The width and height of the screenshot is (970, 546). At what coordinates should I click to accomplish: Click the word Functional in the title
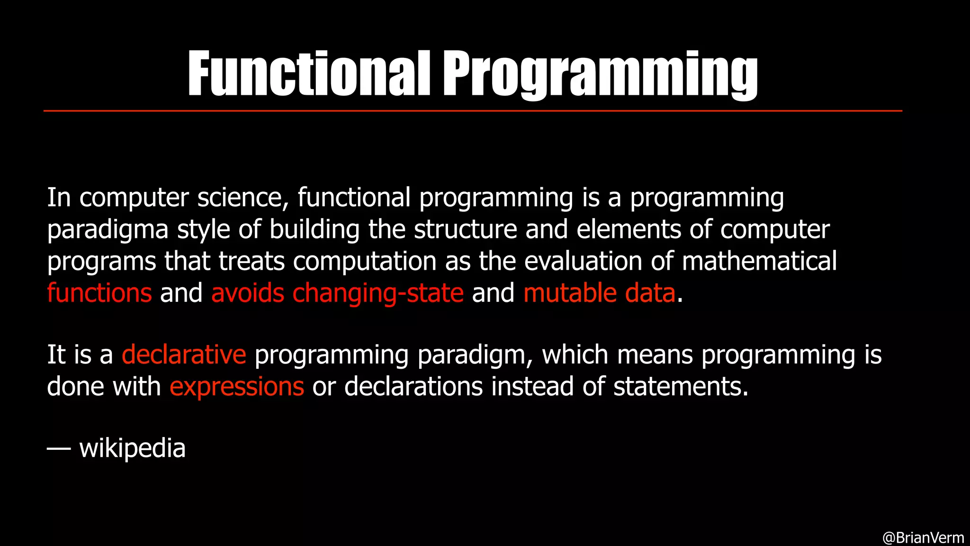tap(309, 73)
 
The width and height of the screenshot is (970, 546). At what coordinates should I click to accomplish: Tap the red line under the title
tap(473, 111)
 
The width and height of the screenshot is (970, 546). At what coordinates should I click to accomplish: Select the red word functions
tap(99, 293)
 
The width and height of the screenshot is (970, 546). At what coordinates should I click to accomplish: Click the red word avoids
tap(248, 293)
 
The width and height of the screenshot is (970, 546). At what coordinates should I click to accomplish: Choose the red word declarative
tap(184, 355)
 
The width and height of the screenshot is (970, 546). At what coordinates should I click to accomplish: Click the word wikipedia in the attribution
tap(132, 448)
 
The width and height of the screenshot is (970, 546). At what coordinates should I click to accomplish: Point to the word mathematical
tap(759, 261)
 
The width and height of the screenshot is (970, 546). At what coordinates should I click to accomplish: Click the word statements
tap(681, 387)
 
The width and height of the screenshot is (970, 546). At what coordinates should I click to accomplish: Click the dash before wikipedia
tap(59, 448)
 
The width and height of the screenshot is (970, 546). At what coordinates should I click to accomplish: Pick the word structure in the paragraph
tap(465, 229)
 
